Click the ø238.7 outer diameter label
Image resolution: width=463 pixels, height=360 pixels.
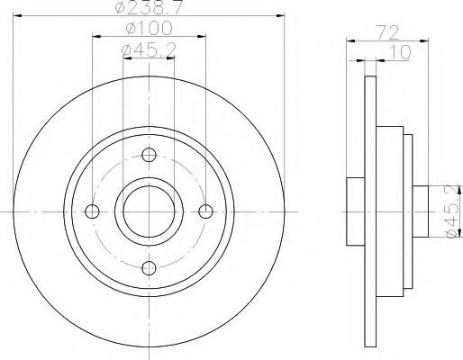[x=150, y=7]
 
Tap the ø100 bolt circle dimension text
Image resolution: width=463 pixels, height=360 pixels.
[x=150, y=29]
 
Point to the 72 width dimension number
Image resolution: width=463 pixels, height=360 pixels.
[x=387, y=32]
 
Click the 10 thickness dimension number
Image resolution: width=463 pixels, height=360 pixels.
[x=400, y=52]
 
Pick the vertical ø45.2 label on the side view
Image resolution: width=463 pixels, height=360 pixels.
[x=454, y=211]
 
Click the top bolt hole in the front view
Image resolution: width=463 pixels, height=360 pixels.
[x=149, y=155]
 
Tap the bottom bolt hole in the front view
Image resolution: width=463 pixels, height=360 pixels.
[x=149, y=268]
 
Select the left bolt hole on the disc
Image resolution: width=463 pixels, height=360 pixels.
[x=92, y=211]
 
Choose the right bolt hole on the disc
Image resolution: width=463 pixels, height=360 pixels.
[x=206, y=211]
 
